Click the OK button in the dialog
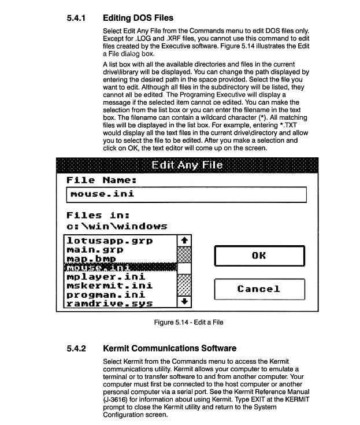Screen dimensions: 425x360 (x=259, y=255)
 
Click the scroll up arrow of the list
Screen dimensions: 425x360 (x=184, y=240)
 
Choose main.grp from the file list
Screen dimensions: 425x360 (x=95, y=249)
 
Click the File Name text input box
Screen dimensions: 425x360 (x=185, y=194)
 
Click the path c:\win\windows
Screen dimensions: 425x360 (x=117, y=226)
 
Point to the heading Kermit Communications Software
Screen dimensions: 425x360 (x=169, y=349)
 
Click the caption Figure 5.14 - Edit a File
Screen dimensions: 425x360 (x=189, y=322)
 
